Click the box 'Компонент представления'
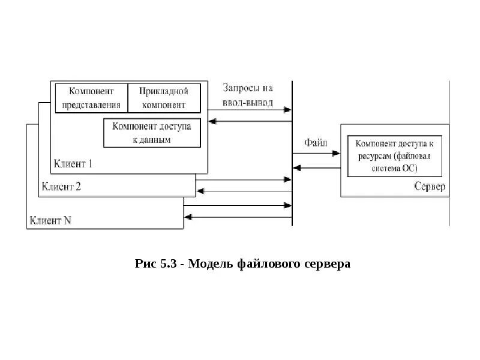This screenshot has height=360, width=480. (91, 98)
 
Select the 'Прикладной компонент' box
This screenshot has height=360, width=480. (163, 98)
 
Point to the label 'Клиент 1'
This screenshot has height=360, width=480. (73, 163)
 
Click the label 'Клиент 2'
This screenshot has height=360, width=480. (61, 186)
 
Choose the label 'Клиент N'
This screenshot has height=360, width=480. (50, 220)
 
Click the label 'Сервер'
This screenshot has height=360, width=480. (430, 186)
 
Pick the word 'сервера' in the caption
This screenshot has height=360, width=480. (326, 264)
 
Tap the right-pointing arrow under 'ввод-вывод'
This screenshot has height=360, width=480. (288, 110)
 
